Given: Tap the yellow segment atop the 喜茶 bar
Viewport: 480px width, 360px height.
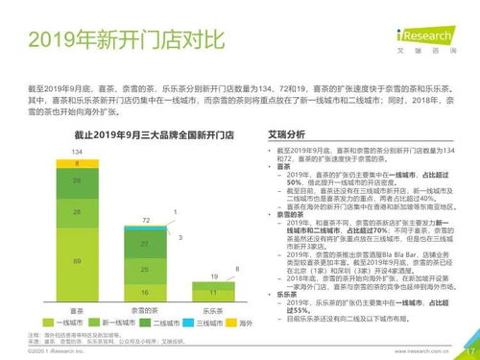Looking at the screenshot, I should coord(77,163).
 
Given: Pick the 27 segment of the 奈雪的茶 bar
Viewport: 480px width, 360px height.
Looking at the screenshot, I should coord(144,245).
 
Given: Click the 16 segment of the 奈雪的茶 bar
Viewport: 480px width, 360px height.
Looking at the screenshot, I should coord(144,292).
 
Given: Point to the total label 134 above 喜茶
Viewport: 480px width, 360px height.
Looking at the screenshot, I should coord(77,153).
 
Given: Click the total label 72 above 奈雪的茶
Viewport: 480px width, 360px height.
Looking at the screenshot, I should coord(144,221).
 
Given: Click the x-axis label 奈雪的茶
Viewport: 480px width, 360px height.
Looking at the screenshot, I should coord(144,310).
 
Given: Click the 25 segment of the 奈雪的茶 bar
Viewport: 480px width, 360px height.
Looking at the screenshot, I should coord(144,271).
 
